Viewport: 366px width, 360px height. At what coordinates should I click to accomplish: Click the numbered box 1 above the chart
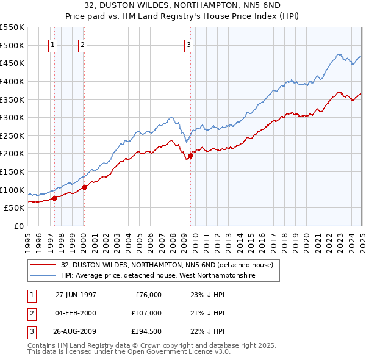click(x=53, y=45)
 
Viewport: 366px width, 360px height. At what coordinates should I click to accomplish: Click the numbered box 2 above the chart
click(x=82, y=45)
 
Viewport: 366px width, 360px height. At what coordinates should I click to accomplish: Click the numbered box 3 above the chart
click(x=188, y=45)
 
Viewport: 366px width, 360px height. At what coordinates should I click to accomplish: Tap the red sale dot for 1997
click(x=55, y=198)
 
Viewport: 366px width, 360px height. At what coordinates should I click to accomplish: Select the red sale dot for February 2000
click(x=84, y=187)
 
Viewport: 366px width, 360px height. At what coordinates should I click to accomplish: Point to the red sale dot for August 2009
click(x=190, y=156)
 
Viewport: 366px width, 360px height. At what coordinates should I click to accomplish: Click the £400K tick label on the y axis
click(x=12, y=81)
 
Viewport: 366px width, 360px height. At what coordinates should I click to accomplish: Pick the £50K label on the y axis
click(x=14, y=208)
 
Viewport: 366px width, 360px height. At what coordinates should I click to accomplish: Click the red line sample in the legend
click(x=43, y=265)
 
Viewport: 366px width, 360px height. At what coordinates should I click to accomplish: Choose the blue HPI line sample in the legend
click(x=43, y=276)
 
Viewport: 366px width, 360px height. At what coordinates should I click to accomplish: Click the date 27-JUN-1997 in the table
click(x=76, y=295)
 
